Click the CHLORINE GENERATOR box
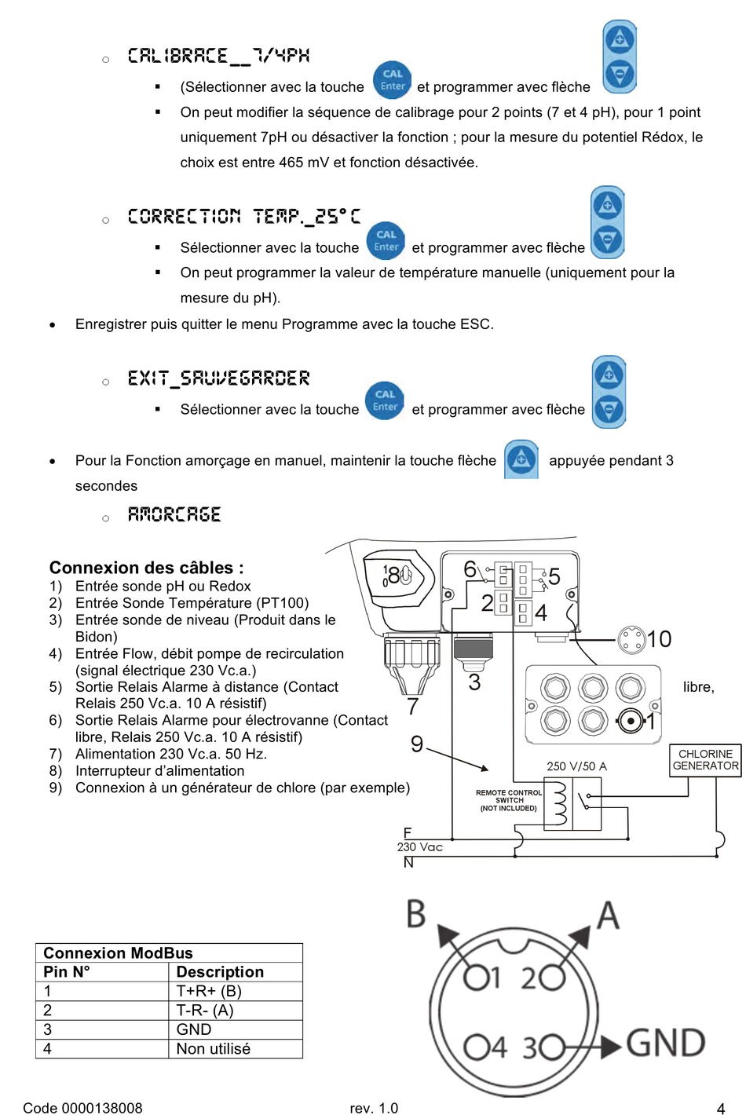click(x=705, y=760)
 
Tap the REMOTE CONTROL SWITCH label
click(x=509, y=800)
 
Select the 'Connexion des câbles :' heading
click(x=146, y=568)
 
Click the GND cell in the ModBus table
click(x=194, y=1029)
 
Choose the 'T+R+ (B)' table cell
click(x=208, y=991)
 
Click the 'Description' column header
click(x=220, y=972)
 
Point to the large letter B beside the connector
click(x=416, y=915)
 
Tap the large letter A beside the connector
click(x=609, y=916)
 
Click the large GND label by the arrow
click(x=666, y=1044)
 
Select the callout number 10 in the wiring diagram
click(x=659, y=639)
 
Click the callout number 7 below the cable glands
click(x=413, y=707)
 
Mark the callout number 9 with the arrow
click(x=417, y=744)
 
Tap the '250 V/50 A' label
click(x=576, y=766)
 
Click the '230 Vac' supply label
click(x=419, y=847)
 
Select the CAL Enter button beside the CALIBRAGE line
click(x=392, y=80)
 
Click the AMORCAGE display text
click(x=174, y=515)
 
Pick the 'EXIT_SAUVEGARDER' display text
click(x=218, y=378)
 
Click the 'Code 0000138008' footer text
click(x=82, y=1108)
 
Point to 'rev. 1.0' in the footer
click(x=374, y=1108)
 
